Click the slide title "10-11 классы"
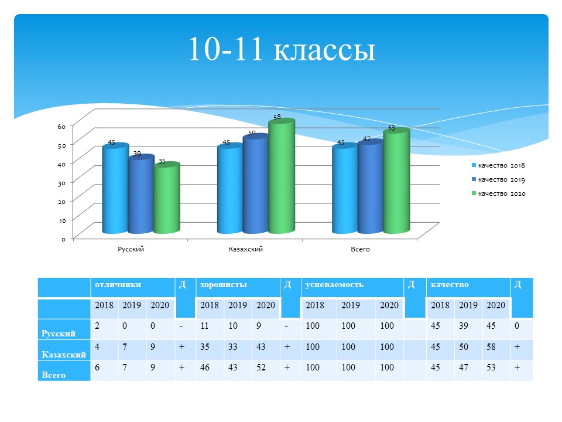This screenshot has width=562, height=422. tap(282, 49)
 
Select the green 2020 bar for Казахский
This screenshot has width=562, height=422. tap(282, 176)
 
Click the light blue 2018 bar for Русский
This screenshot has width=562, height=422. tap(115, 188)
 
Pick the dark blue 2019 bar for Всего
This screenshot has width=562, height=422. tap(371, 186)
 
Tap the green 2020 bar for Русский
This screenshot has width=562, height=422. tap(167, 198)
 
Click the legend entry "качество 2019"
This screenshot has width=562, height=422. tap(498, 179)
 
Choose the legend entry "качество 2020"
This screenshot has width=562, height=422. tap(499, 193)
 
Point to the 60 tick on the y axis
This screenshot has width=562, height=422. tap(61, 127)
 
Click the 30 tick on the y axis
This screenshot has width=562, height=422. tap(61, 183)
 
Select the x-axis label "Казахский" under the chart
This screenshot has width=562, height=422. tap(245, 249)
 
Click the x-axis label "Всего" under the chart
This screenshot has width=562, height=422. tap(360, 249)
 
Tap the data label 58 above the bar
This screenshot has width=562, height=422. tap(277, 117)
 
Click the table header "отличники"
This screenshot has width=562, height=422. tap(118, 285)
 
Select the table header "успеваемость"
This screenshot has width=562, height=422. tap(334, 285)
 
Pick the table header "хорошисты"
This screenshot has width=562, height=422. tap(223, 285)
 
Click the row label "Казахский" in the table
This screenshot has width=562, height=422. tap(64, 355)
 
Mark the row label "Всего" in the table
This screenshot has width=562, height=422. tap(53, 375)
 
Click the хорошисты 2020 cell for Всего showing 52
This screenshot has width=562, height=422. tap(261, 367)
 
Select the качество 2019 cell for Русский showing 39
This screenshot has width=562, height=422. tap(464, 325)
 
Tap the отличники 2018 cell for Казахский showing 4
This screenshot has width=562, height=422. tap(97, 346)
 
